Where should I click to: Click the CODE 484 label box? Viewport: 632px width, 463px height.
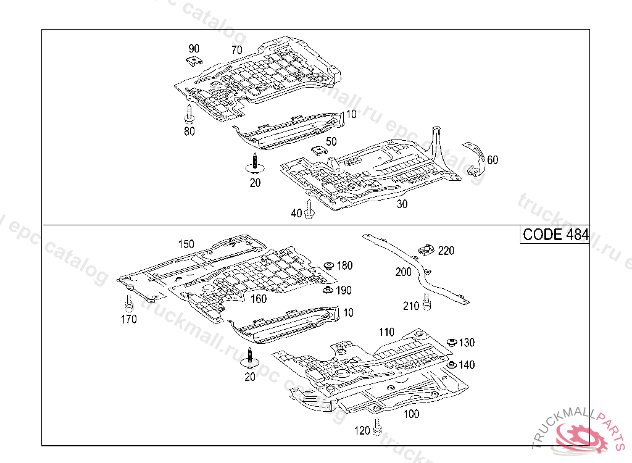coord(555,235)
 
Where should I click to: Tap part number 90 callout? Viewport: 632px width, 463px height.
coord(194,48)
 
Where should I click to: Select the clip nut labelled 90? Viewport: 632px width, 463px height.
coord(194,61)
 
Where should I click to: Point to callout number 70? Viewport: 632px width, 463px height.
coord(236,50)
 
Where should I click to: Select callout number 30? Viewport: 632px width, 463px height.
coord(402,204)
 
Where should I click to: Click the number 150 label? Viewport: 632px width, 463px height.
coord(186,244)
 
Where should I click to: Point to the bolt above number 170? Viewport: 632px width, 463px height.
coord(129,303)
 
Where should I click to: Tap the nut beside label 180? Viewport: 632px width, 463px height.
coord(329,265)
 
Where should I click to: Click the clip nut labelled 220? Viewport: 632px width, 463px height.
coord(425,249)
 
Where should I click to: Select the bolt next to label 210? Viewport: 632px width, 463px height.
coord(427,302)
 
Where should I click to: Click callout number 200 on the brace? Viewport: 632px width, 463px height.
coord(403,272)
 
